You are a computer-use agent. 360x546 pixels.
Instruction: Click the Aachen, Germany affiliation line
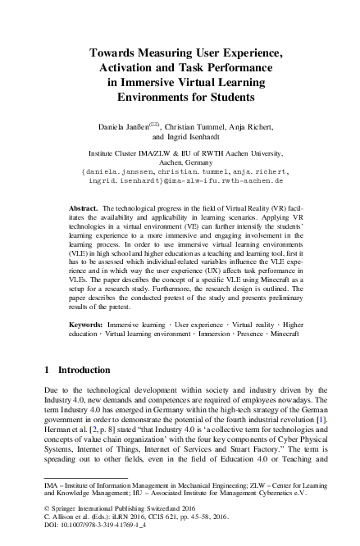[180, 163]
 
